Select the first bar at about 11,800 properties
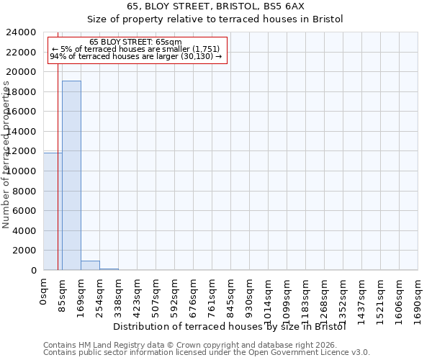coord(53,212)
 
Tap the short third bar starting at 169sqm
coord(90,266)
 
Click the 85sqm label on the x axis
coord(63,293)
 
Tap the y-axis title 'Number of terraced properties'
coord(6,154)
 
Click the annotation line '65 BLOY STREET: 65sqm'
coord(136,42)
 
